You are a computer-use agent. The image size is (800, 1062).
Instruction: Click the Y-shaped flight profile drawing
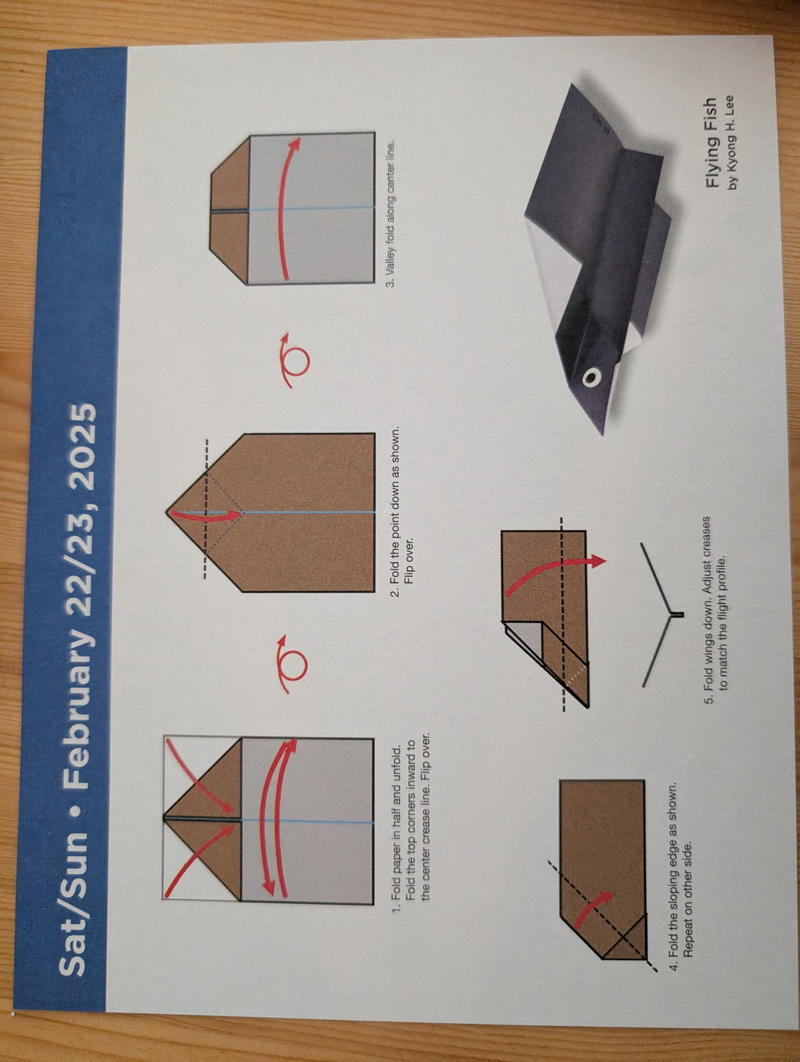(664, 615)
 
